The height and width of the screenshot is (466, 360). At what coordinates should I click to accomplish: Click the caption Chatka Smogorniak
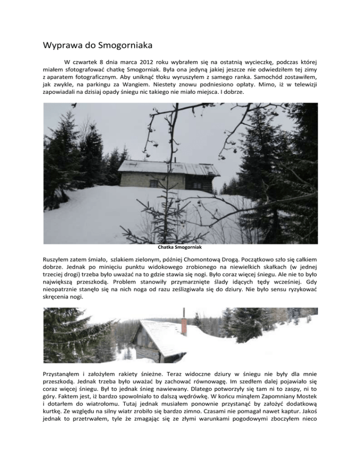[x=180, y=248]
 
